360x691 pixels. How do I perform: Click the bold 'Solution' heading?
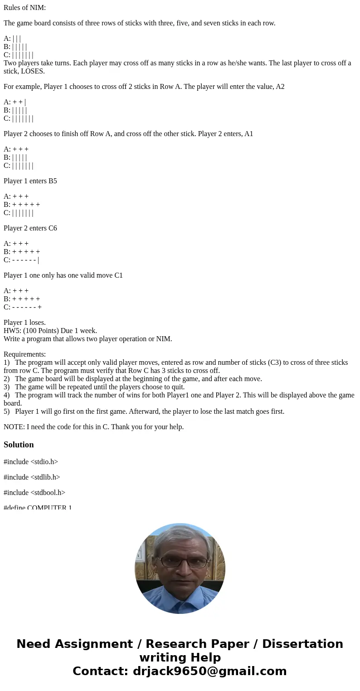(x=19, y=445)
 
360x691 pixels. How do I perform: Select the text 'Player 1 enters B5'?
(x=30, y=181)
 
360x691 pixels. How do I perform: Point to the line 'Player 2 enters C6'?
(x=30, y=228)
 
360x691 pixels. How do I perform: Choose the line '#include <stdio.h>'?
(x=31, y=462)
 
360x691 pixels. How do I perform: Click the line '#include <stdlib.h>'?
(x=32, y=477)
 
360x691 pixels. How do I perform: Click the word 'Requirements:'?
(x=24, y=354)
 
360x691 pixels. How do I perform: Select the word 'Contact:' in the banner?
(x=101, y=671)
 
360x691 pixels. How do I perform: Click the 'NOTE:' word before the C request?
(x=14, y=427)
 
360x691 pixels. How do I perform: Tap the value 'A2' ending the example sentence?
(x=280, y=87)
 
